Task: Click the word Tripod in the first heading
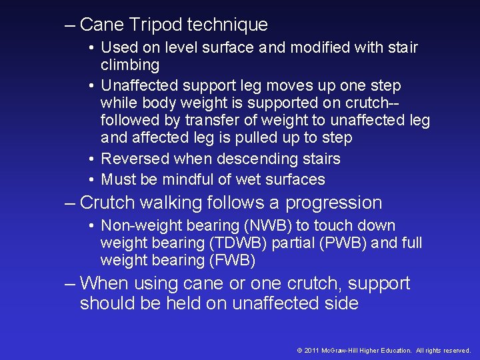pyautogui.click(x=157, y=25)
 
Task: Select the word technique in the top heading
pyautogui.click(x=228, y=25)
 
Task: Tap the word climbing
pyautogui.click(x=130, y=65)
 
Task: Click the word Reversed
pyautogui.click(x=134, y=159)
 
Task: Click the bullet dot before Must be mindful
pyautogui.click(x=91, y=180)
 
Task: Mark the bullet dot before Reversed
pyautogui.click(x=91, y=159)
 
